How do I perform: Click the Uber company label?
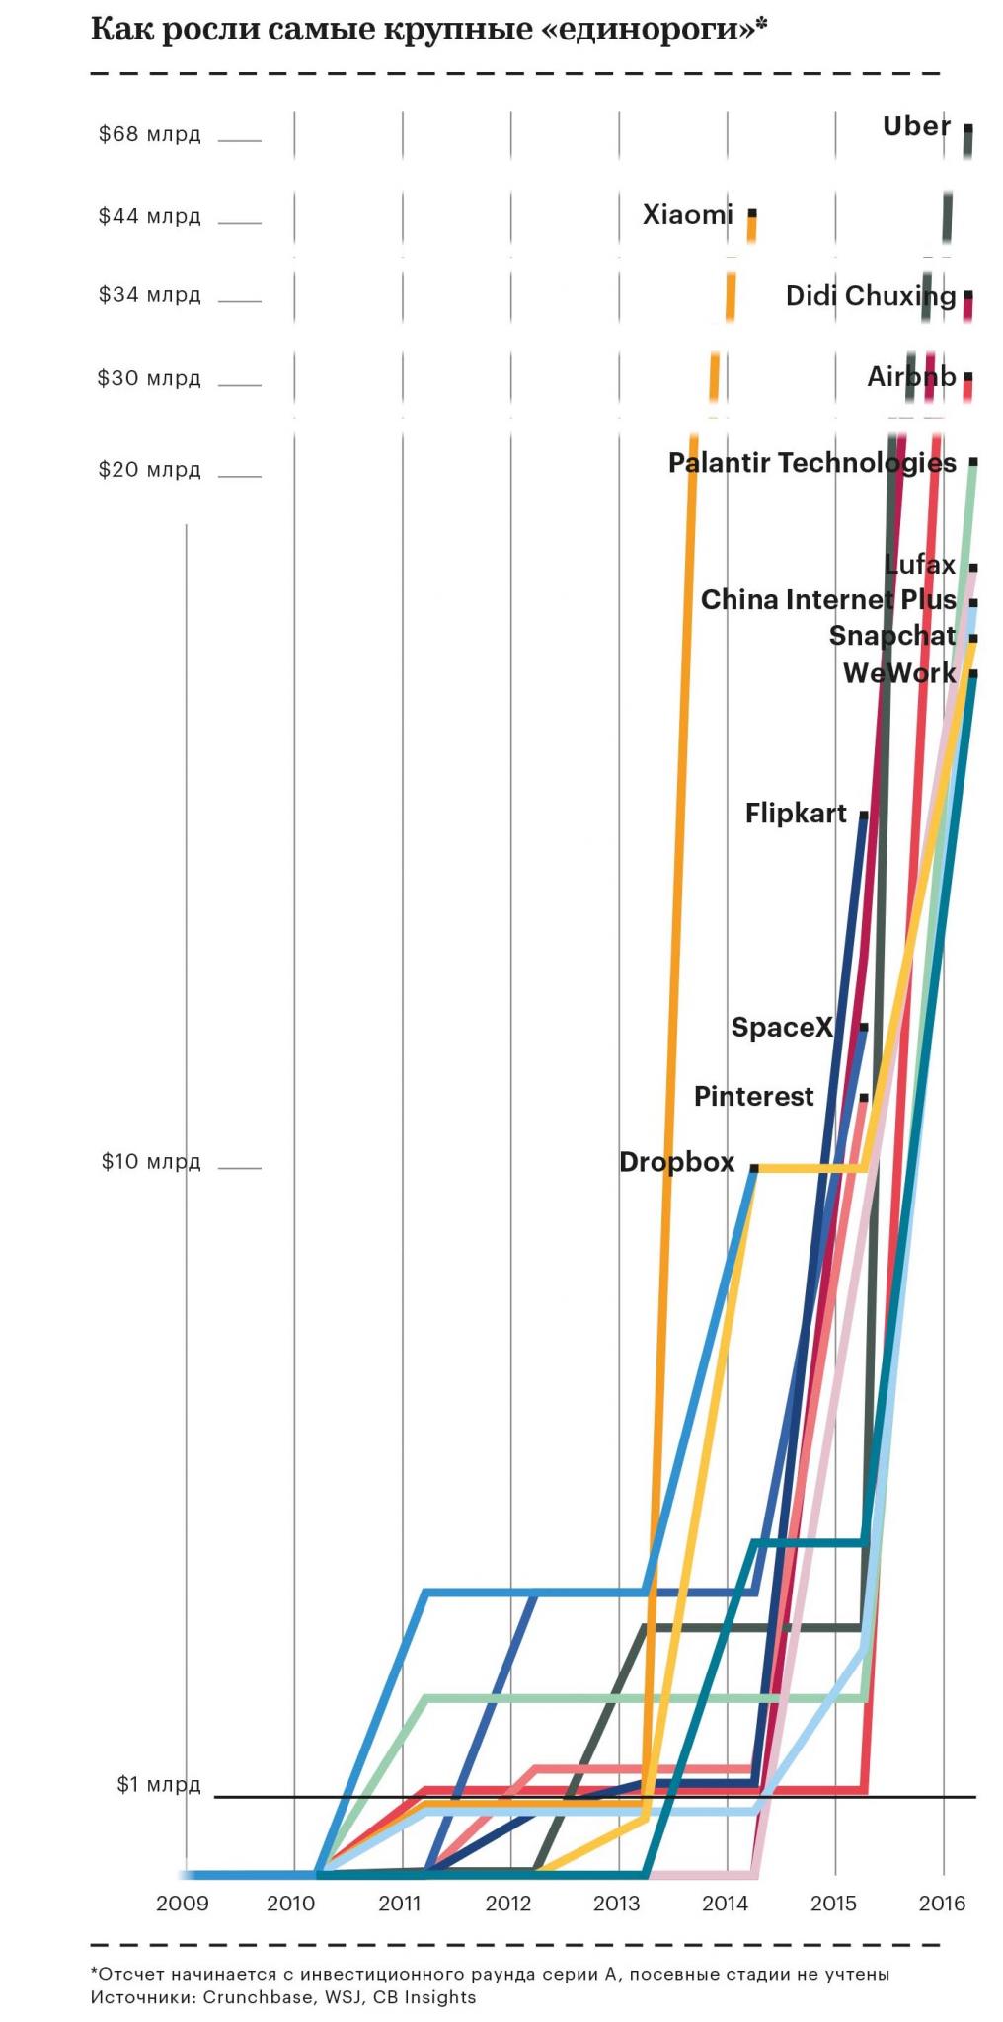(x=916, y=126)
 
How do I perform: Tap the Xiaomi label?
(x=687, y=214)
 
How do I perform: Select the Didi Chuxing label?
(x=870, y=295)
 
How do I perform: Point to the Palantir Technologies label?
(x=811, y=462)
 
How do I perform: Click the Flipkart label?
(x=795, y=814)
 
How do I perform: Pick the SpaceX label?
(x=782, y=1027)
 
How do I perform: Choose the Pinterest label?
(x=753, y=1096)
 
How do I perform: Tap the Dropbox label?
(x=676, y=1162)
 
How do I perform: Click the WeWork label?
(x=898, y=673)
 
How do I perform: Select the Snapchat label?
(x=891, y=636)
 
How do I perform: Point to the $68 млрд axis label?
(x=149, y=134)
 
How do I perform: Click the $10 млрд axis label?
(x=150, y=1161)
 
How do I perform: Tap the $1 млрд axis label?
(x=158, y=1784)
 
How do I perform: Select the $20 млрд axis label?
(x=149, y=469)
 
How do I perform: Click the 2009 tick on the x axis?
(x=183, y=1903)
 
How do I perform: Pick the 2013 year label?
(x=617, y=1903)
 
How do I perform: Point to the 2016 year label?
(x=942, y=1903)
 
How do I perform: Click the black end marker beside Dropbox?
(x=753, y=1168)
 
